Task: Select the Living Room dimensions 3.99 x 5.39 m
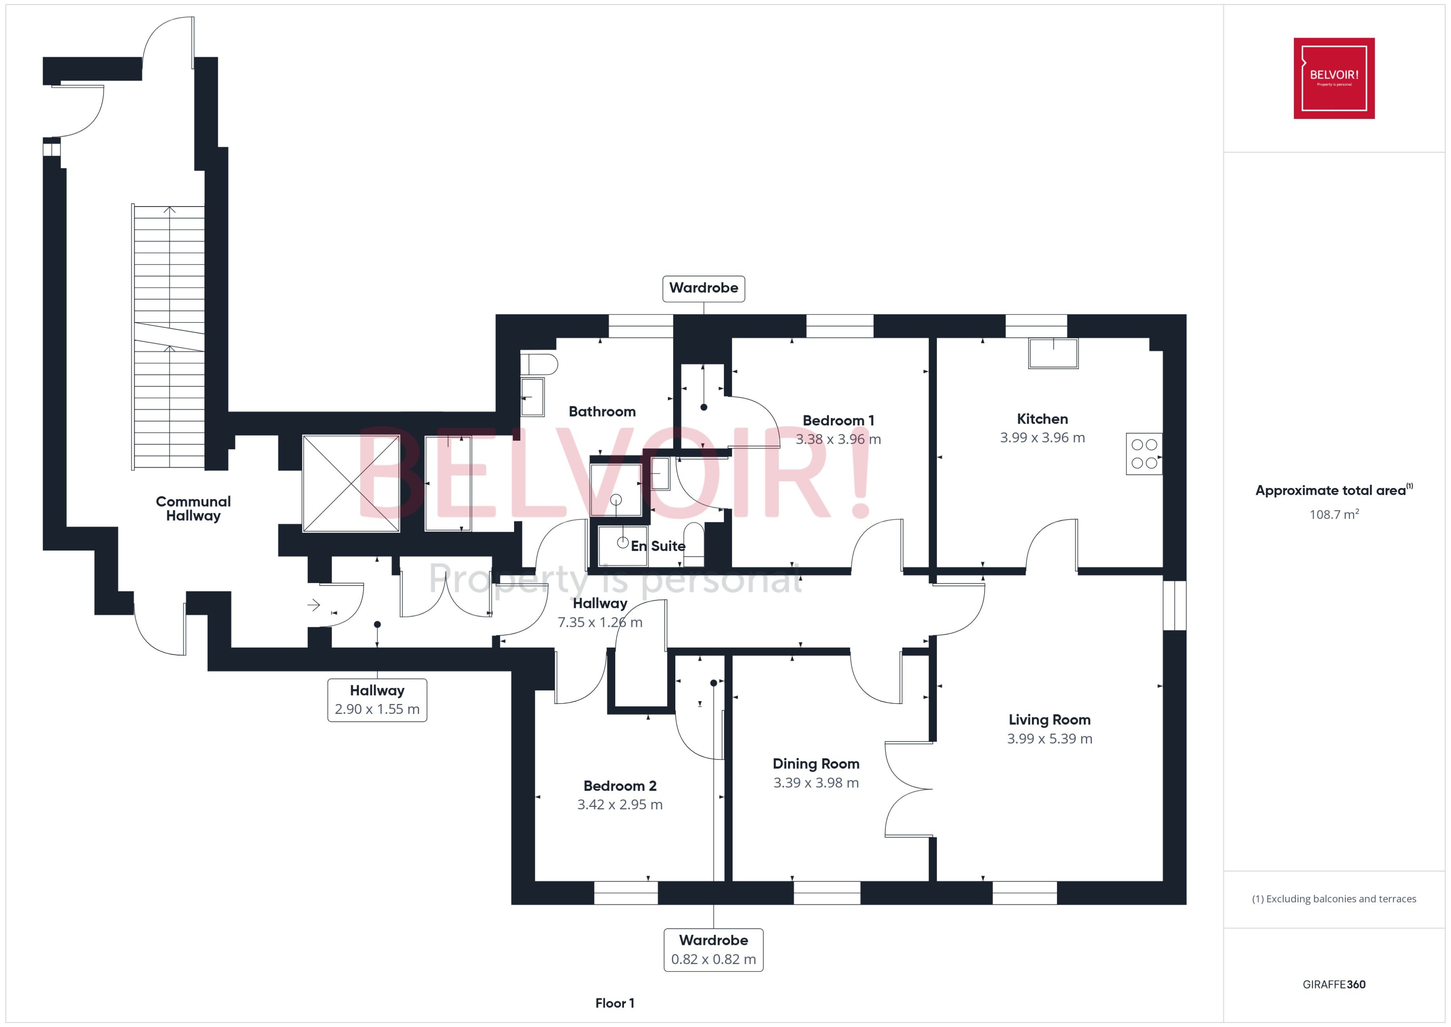1050,738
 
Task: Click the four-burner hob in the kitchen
1144,454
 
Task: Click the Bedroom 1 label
838,420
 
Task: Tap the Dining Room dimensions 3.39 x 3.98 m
815,783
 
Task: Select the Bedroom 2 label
620,786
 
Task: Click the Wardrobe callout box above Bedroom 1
703,289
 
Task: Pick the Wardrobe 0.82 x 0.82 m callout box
713,950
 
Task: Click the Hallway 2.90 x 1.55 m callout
377,700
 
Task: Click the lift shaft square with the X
351,484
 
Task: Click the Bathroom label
602,412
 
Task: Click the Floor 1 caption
614,1003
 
